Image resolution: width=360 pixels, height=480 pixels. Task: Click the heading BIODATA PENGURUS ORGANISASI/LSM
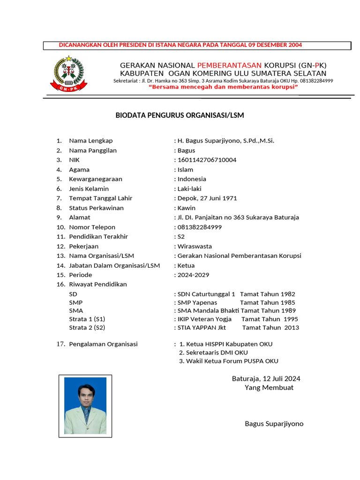point(180,115)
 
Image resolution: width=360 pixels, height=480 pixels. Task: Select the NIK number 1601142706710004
point(207,160)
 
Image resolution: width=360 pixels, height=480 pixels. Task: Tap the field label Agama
point(79,170)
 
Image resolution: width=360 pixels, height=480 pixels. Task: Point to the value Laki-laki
point(189,189)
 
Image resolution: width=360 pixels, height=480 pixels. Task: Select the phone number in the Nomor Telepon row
point(206,227)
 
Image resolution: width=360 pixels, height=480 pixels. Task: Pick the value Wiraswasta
point(195,247)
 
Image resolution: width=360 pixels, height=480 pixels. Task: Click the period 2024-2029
point(193,275)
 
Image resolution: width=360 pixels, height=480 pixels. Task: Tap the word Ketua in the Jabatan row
point(186,266)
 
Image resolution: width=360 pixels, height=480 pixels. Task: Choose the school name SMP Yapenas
point(197,303)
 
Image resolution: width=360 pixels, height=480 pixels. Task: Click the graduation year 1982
point(288,294)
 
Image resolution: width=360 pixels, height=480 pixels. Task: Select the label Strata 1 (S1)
point(87,319)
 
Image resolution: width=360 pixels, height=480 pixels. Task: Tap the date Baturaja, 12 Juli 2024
point(266,379)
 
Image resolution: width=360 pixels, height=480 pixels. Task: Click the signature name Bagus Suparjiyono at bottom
point(274,424)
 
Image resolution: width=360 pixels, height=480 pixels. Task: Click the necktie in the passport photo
point(86,414)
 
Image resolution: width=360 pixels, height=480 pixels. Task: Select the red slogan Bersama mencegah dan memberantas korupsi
point(224,87)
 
